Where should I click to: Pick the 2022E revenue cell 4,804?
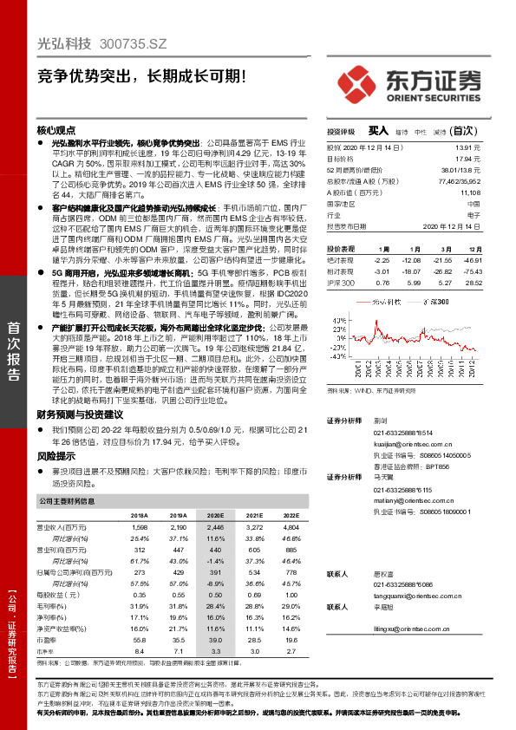point(286,527)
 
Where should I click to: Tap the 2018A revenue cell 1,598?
point(139,527)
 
